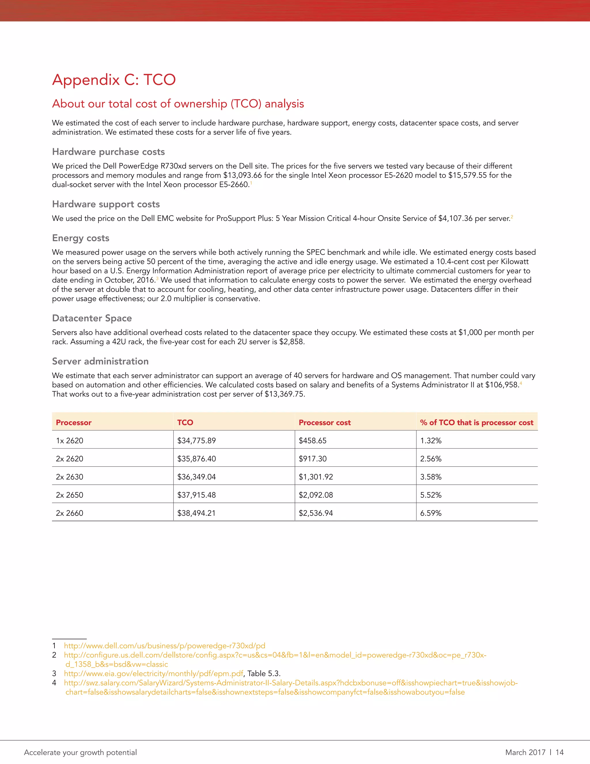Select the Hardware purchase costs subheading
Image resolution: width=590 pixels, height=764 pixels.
[108, 152]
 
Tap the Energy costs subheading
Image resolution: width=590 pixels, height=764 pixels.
[80, 238]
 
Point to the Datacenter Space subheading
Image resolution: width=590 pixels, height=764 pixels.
[92, 318]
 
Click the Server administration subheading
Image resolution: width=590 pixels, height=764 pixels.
[100, 361]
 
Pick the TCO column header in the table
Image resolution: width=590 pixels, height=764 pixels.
[185, 423]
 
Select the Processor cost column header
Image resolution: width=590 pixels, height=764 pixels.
[324, 423]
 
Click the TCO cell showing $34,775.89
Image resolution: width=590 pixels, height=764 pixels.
[196, 441]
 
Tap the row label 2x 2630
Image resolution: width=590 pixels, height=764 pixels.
[69, 477]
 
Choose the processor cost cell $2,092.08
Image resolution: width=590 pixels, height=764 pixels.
[316, 495]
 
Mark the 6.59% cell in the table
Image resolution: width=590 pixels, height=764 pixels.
[431, 513]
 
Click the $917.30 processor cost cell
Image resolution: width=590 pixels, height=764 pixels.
[313, 459]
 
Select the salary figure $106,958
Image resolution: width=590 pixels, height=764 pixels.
[502, 385]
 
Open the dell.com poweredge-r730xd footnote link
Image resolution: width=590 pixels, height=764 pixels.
[164, 646]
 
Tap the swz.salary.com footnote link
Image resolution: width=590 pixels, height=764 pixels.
[290, 683]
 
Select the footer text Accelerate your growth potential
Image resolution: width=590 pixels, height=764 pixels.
[80, 752]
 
